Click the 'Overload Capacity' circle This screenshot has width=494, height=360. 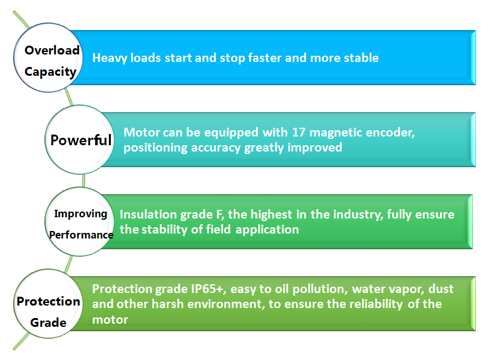click(50, 61)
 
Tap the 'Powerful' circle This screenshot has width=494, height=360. click(80, 140)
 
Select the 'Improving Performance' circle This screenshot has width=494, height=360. click(80, 224)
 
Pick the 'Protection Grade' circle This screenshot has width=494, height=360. click(48, 311)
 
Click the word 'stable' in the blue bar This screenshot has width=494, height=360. click(359, 58)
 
